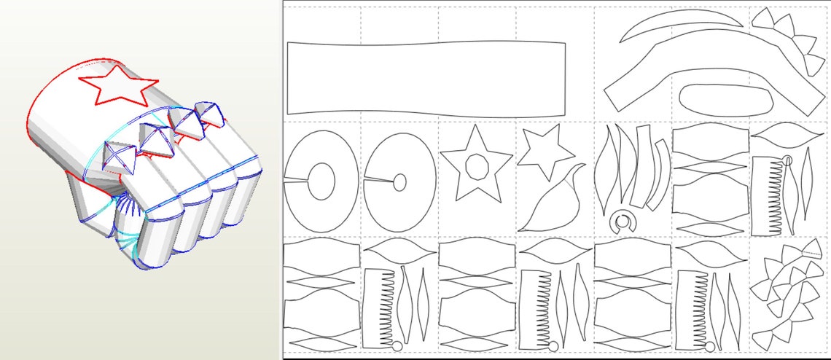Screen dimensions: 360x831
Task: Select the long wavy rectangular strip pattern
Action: [426, 78]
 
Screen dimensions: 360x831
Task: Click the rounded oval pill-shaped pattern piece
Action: [725, 98]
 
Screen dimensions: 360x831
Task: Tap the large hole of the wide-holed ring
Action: [321, 179]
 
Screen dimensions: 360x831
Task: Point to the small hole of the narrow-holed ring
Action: [399, 182]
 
